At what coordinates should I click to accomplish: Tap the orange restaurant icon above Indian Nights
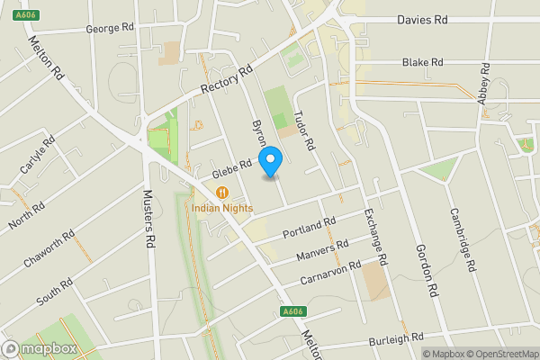coord(221,193)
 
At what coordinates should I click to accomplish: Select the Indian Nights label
coord(222,209)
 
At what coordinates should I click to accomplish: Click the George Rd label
coord(110,29)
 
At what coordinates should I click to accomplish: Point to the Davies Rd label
coord(423,19)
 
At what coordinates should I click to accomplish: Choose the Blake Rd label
coord(423,62)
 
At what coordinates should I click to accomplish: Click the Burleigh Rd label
coord(396,339)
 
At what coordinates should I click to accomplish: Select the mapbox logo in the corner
coord(40,348)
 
